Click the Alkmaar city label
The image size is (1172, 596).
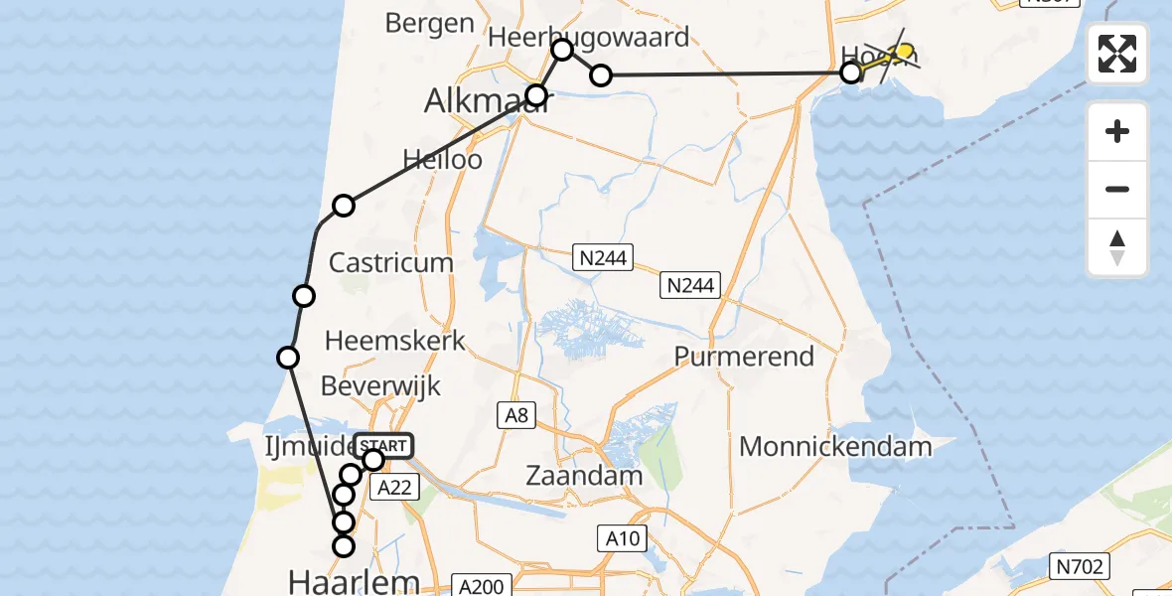click(x=487, y=100)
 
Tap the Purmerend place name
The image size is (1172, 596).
click(x=744, y=357)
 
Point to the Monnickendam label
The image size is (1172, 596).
click(x=835, y=446)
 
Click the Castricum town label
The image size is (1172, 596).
click(x=390, y=263)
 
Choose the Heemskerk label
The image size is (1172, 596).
click(x=395, y=341)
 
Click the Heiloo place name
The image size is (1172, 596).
click(x=442, y=159)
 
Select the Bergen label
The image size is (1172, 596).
click(x=429, y=22)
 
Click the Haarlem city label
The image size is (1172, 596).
click(x=353, y=580)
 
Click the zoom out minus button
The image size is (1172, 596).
click(x=1117, y=190)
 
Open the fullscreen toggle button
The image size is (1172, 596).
click(x=1117, y=54)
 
